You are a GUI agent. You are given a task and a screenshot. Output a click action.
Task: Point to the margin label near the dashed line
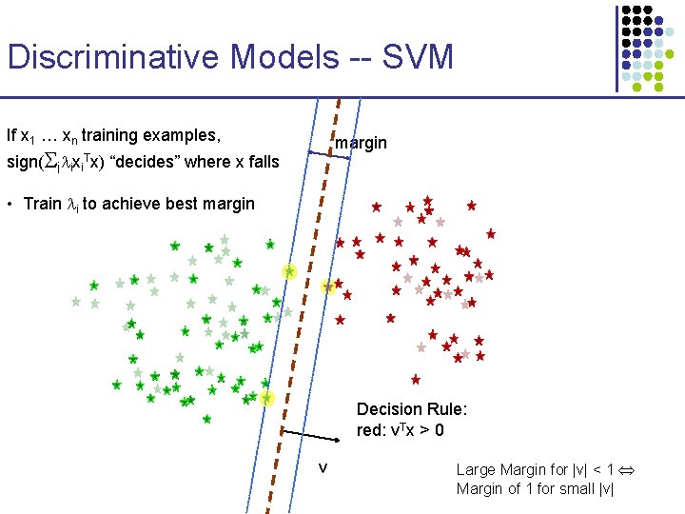(x=361, y=143)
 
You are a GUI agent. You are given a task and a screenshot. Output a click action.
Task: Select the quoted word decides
(x=150, y=162)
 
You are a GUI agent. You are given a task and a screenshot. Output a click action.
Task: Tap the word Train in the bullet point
(x=42, y=204)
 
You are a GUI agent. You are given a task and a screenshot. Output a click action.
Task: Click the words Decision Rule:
(x=411, y=409)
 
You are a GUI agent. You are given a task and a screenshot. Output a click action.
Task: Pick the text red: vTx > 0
(x=400, y=430)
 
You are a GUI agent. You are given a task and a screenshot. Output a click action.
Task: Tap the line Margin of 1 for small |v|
(x=535, y=489)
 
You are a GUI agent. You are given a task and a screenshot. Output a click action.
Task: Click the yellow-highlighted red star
(x=328, y=287)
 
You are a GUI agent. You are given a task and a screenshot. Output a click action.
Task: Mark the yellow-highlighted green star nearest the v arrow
(x=267, y=398)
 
